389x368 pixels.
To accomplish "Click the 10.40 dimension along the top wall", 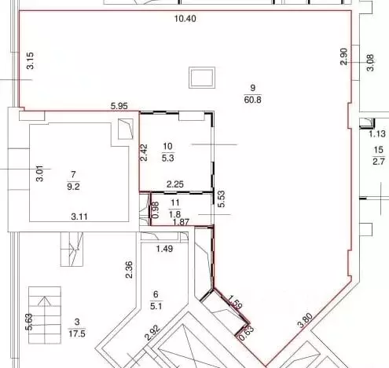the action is click(185, 19).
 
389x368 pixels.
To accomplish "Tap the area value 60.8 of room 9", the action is click(252, 100).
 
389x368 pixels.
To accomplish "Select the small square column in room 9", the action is click(202, 78).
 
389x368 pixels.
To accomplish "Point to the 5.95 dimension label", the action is click(119, 106).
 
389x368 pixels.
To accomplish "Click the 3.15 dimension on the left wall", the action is click(31, 60).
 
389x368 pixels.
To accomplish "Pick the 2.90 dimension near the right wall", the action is click(343, 56).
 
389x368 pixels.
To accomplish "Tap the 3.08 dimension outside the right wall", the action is click(370, 63).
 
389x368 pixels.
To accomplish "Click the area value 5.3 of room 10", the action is click(167, 158).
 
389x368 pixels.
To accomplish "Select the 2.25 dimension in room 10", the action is click(175, 184).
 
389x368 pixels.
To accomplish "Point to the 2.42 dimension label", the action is click(144, 153).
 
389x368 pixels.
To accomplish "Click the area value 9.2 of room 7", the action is click(73, 187).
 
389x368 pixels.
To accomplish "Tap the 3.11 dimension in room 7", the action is click(79, 217).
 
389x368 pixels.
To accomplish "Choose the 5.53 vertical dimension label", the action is click(222, 199).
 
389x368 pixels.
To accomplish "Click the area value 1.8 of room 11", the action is click(174, 214).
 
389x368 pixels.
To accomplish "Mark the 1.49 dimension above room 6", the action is click(164, 249).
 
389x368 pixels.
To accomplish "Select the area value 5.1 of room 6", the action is click(156, 306).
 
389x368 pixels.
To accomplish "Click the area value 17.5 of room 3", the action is click(77, 333).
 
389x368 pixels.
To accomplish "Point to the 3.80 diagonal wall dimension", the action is click(306, 321).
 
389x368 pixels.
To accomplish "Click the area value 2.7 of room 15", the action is click(379, 162).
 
